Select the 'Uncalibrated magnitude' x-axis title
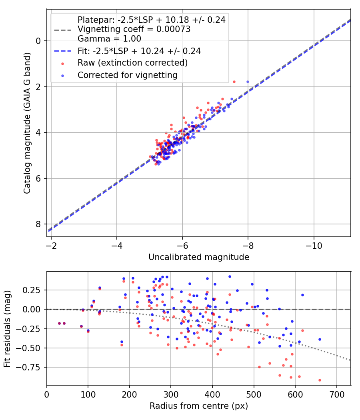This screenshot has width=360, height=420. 199,257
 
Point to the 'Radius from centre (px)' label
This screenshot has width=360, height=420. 199,406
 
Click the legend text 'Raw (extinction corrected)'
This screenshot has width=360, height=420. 132,63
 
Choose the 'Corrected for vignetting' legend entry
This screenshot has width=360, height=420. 127,75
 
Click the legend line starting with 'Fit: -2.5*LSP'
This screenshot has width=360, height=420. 139,51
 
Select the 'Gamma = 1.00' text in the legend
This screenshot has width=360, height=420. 109,39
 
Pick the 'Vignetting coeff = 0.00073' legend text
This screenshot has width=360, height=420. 134,29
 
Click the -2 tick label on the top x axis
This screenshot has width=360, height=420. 51,244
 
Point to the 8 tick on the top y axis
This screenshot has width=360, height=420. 38,224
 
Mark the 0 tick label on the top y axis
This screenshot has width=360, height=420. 38,41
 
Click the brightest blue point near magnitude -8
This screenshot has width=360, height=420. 248,82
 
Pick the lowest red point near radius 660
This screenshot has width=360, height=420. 320,380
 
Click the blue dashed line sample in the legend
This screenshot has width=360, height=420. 63,51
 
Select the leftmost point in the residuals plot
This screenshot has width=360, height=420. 59,323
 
